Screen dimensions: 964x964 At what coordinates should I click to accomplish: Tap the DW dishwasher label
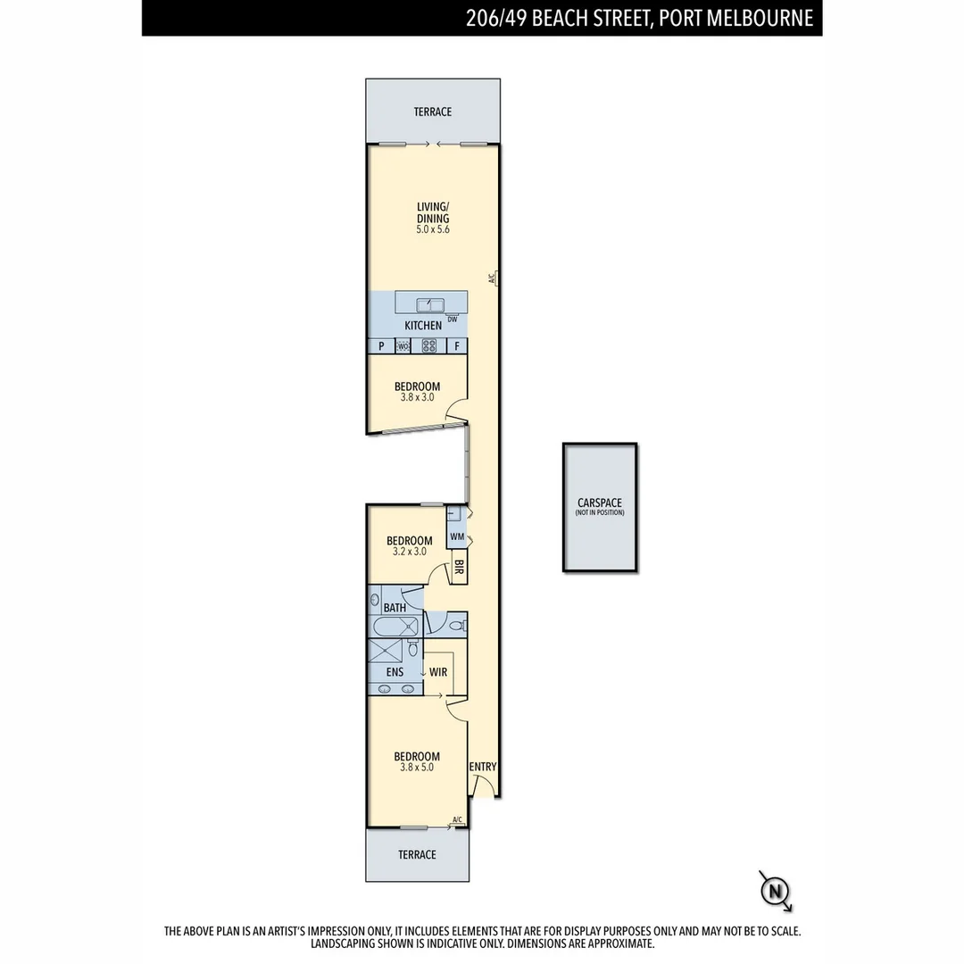pos(453,320)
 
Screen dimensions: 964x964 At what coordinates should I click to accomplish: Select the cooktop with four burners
pos(429,346)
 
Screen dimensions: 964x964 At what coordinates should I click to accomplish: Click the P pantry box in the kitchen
pos(381,346)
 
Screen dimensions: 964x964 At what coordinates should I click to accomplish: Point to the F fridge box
pos(456,346)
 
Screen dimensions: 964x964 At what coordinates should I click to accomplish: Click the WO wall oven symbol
pos(403,346)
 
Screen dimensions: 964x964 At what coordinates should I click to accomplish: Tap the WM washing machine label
pos(457,536)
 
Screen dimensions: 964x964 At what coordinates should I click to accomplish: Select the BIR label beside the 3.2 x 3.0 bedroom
pos(459,567)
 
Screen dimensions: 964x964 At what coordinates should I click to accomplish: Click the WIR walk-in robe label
pos(437,672)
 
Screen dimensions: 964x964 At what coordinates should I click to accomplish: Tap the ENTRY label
pos(483,767)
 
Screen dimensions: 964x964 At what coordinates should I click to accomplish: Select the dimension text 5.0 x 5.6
pos(433,229)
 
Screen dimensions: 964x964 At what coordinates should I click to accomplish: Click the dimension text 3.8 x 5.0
pos(417,767)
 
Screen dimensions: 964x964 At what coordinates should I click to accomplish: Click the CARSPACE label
pos(600,503)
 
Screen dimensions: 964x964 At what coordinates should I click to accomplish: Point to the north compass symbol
pos(776,890)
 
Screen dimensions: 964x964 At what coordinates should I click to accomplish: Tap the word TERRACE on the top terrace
pos(432,112)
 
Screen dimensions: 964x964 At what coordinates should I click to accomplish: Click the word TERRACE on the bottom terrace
pos(417,854)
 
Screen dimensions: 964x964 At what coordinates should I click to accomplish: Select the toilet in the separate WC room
pos(456,625)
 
